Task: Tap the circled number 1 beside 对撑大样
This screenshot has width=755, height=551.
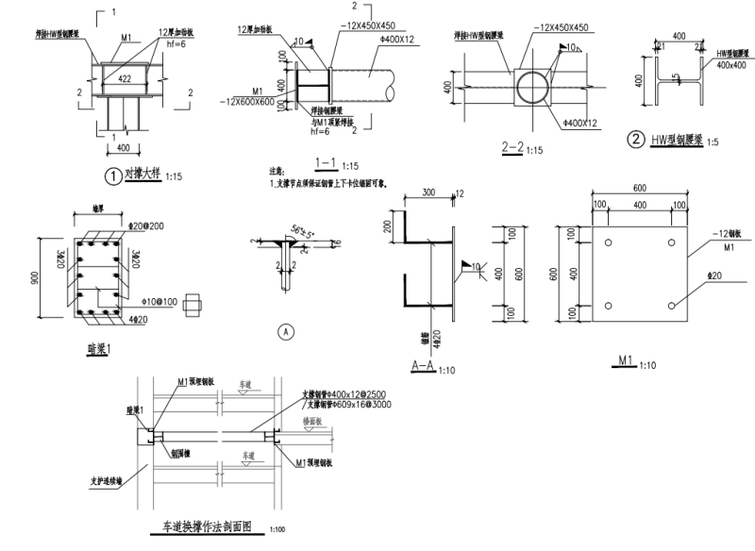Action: [112, 175]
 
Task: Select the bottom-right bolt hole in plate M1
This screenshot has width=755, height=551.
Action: [670, 305]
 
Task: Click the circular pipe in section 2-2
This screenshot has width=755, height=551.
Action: [533, 90]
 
